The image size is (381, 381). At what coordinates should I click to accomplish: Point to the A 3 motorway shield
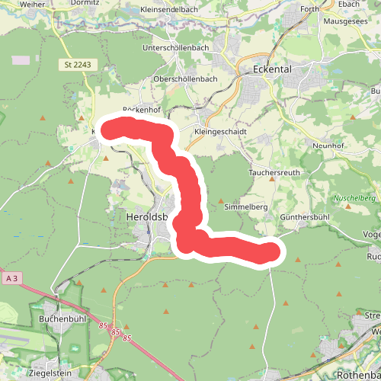pyautogui.click(x=11, y=280)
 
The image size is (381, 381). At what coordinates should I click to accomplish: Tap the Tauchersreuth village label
pyautogui.click(x=276, y=173)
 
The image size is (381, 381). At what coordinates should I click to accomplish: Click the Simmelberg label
pyautogui.click(x=245, y=207)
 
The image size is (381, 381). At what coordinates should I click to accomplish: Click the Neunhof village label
pyautogui.click(x=330, y=144)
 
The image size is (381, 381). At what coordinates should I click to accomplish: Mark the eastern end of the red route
pyautogui.click(x=269, y=252)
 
